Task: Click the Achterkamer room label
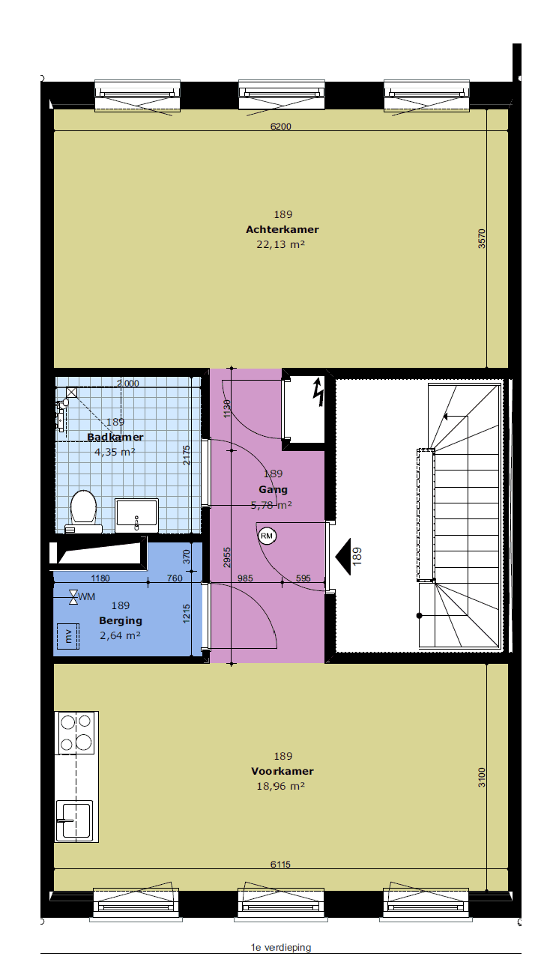tap(282, 229)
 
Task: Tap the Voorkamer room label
tap(282, 771)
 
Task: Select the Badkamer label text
tap(115, 437)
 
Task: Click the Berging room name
tap(121, 620)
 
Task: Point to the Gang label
tap(273, 490)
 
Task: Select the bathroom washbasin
tap(136, 515)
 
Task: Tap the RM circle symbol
tap(267, 536)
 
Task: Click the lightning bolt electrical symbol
tap(318, 392)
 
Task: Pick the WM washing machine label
tap(87, 596)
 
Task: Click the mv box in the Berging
tap(68, 636)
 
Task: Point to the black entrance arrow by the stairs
tap(343, 556)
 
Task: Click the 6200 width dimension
tap(281, 126)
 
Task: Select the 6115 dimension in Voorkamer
tap(280, 864)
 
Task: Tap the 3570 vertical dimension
tap(482, 238)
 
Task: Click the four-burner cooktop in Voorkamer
tap(76, 733)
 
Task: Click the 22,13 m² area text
tap(281, 244)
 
